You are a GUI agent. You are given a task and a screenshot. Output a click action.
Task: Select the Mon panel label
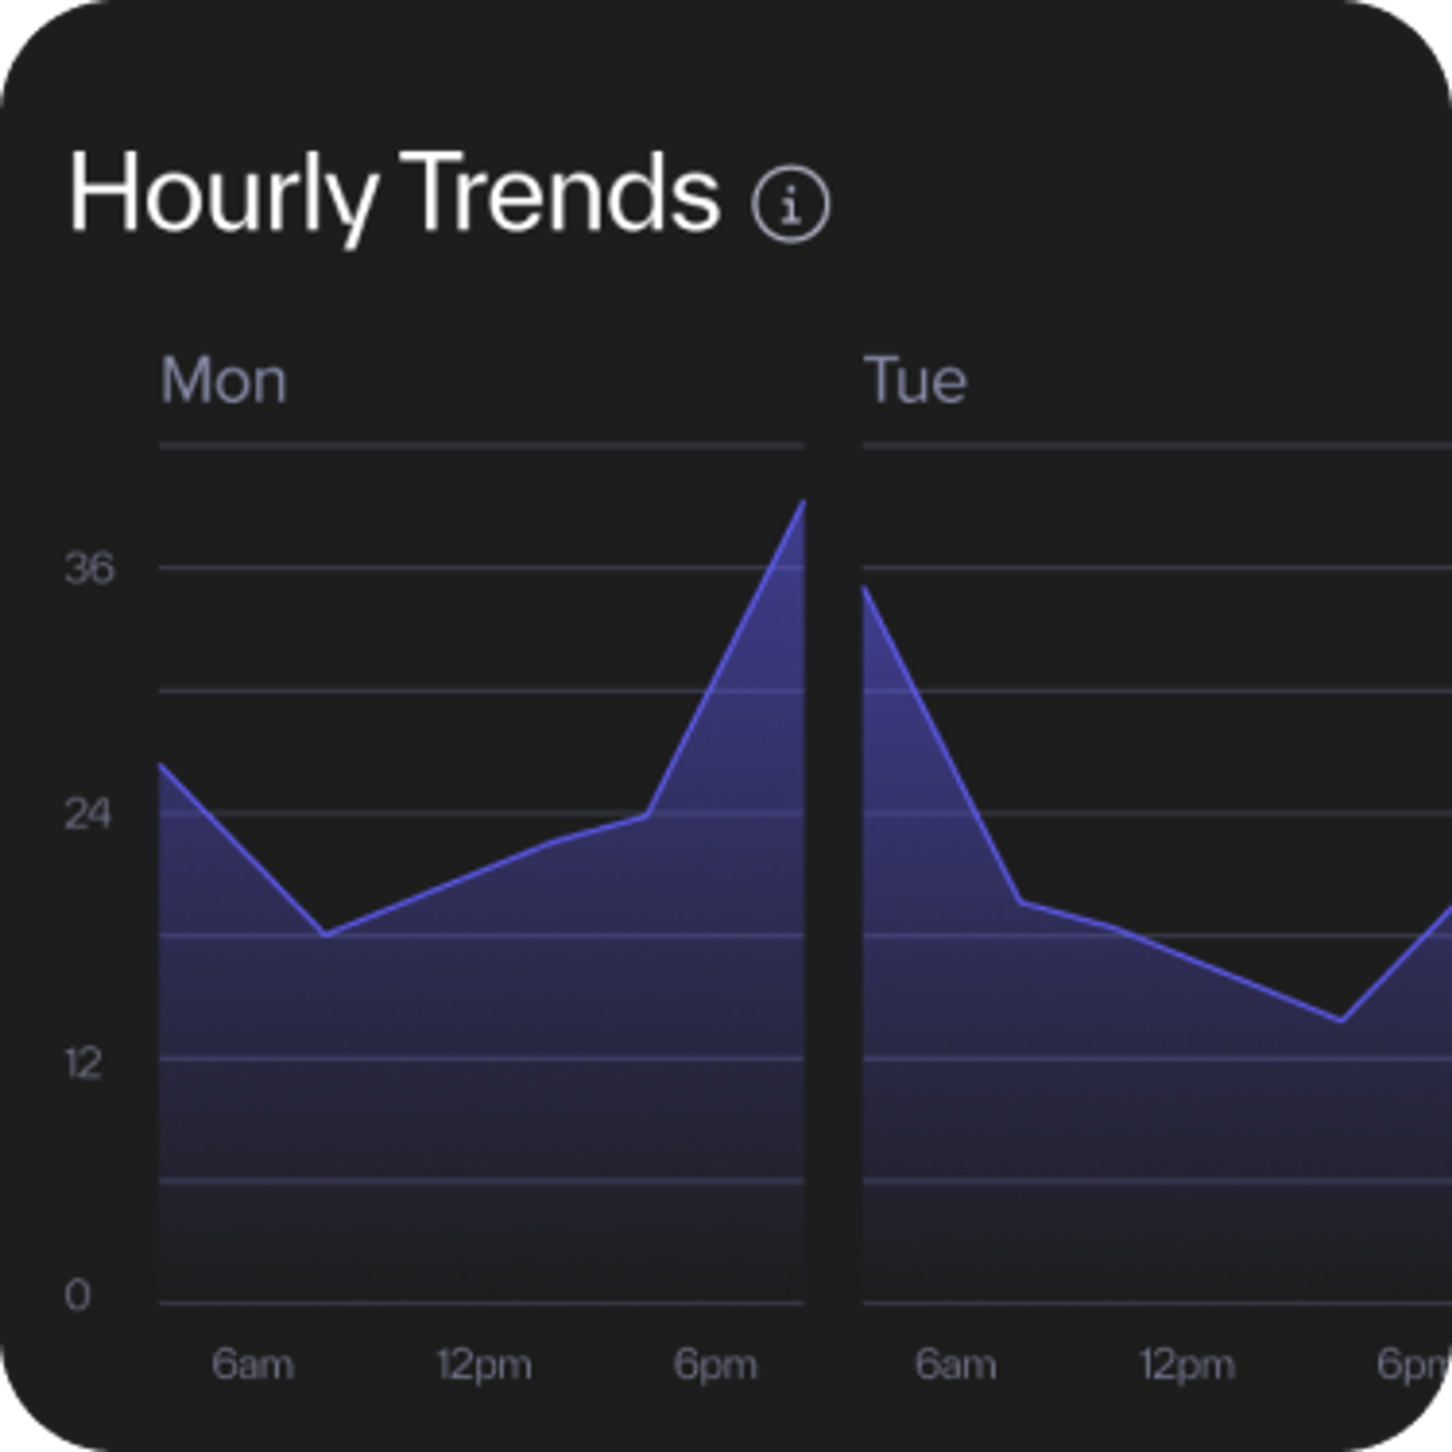(223, 381)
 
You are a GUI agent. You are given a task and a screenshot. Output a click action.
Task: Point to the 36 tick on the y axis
(90, 568)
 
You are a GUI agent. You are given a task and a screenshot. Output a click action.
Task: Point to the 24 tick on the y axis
(88, 814)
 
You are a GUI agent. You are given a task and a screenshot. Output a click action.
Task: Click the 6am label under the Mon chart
(253, 1364)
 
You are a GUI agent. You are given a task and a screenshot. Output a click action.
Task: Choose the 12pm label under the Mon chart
(485, 1364)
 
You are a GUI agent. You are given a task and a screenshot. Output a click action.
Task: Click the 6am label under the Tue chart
(955, 1364)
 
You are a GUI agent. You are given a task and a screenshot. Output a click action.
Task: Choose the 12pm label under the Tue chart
(1187, 1364)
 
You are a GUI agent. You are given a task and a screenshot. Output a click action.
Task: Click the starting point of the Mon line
(161, 764)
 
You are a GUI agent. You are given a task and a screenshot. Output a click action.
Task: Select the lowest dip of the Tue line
(1342, 1021)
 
